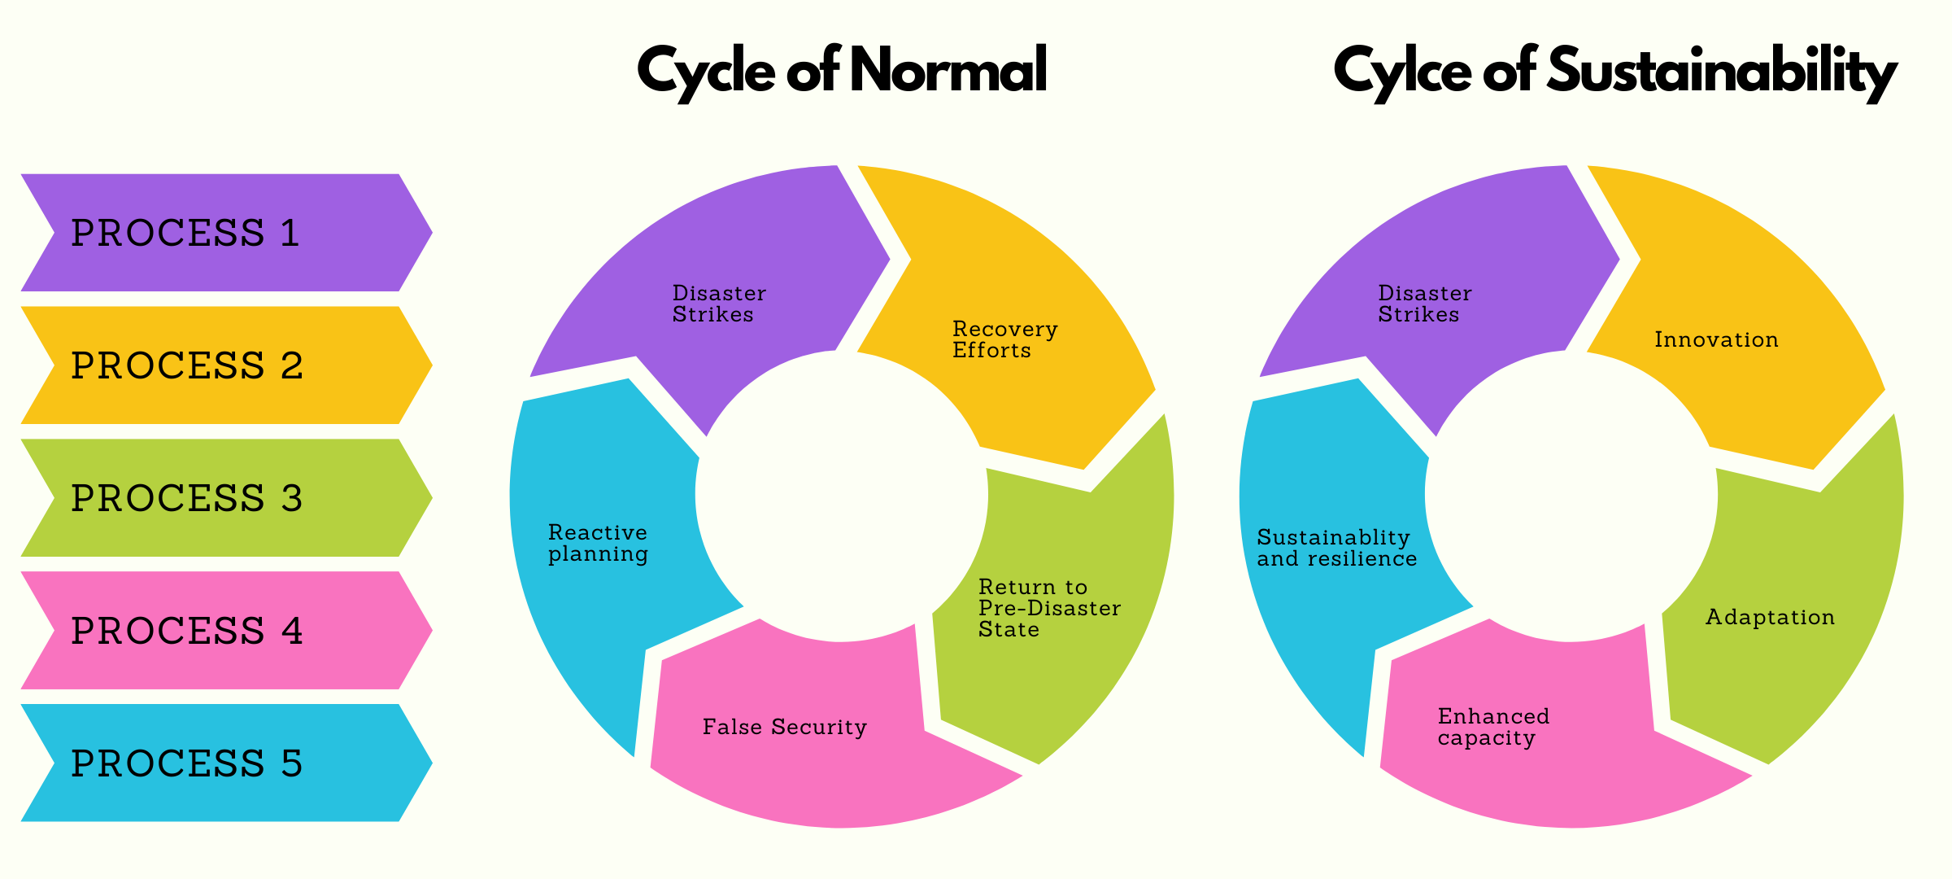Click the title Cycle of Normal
842,72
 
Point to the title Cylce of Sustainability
1614,72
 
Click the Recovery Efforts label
1004,339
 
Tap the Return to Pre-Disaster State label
1049,608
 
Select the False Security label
785,727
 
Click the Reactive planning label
598,543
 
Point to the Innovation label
1716,339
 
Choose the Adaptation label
1770,617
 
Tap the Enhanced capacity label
1493,727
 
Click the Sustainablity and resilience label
1336,548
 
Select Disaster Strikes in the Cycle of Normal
719,304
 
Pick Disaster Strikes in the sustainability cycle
1424,304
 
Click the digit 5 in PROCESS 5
292,763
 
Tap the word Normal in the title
948,70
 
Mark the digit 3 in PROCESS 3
292,498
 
